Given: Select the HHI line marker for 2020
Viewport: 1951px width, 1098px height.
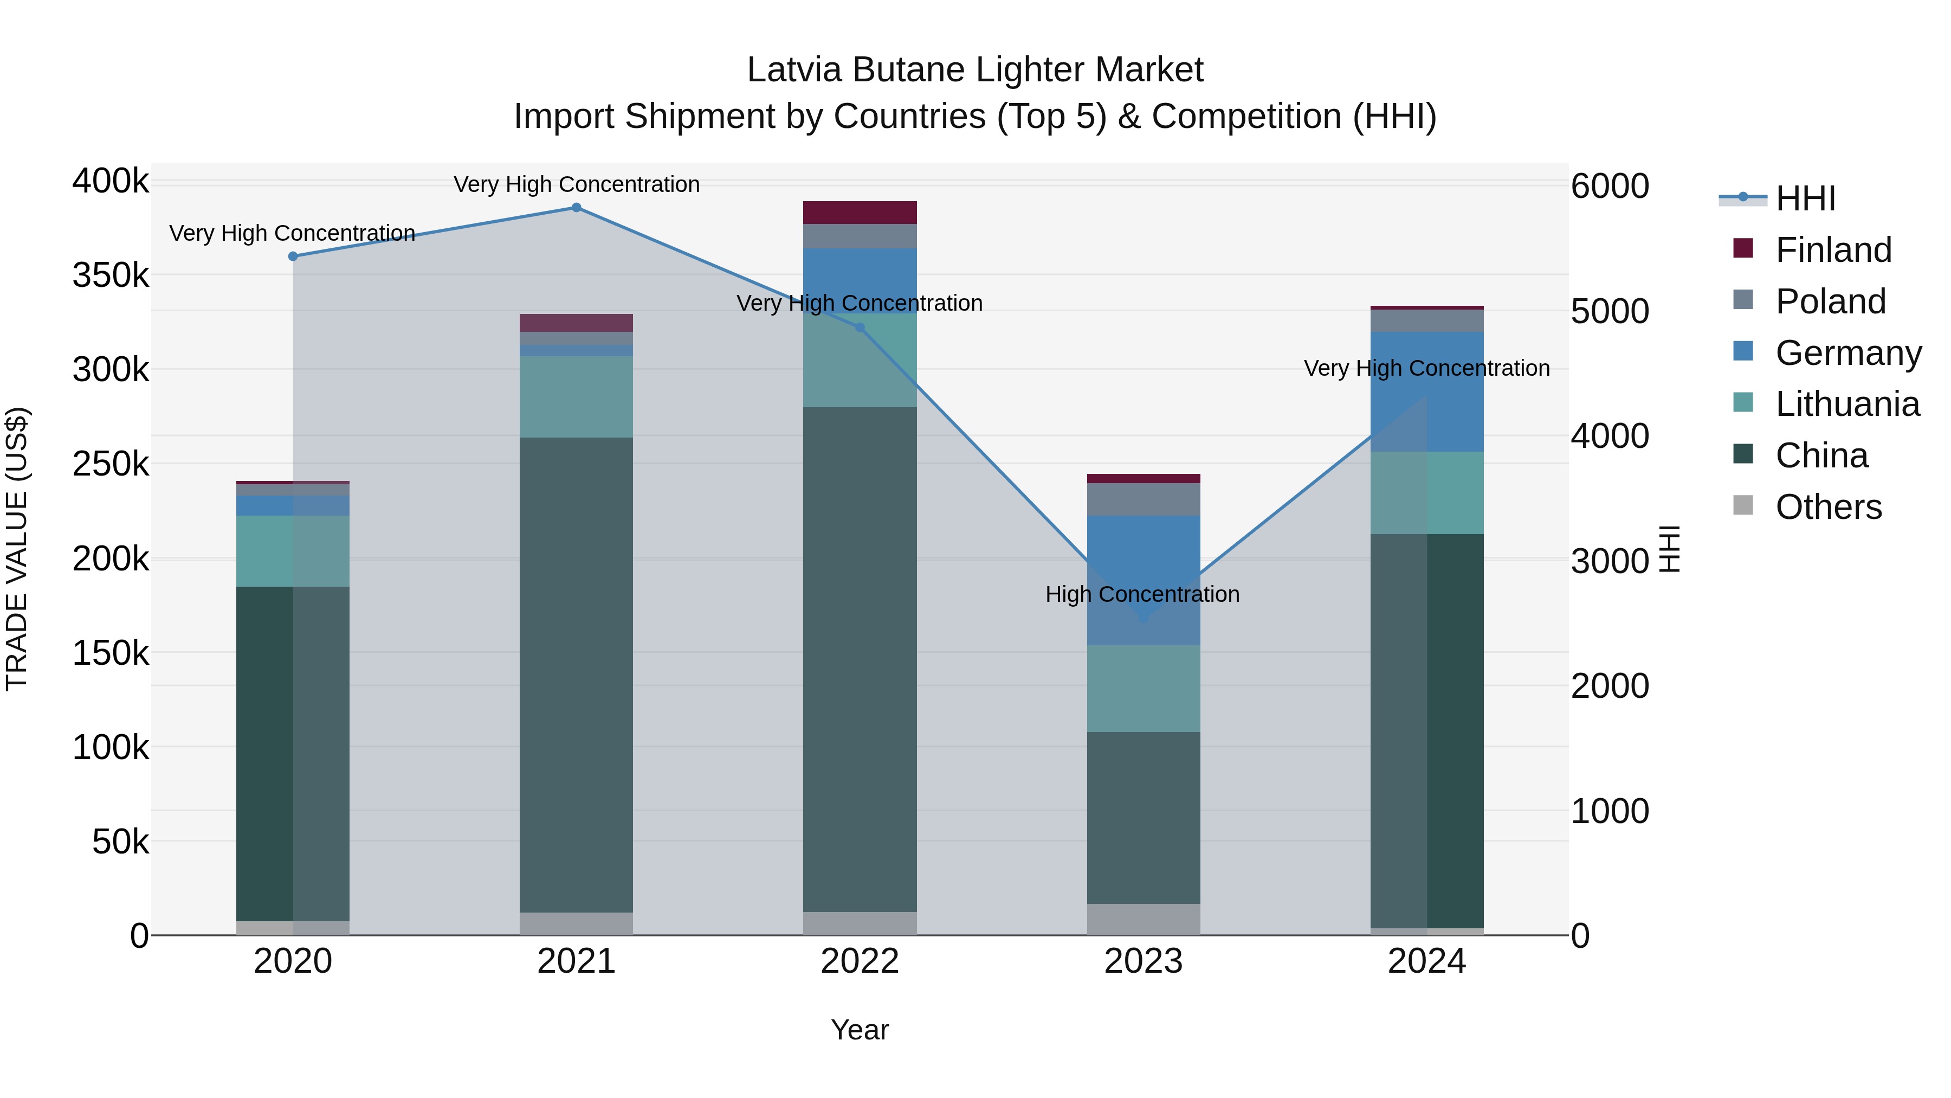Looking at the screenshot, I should click(293, 256).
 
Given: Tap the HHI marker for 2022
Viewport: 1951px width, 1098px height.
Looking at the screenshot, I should click(860, 328).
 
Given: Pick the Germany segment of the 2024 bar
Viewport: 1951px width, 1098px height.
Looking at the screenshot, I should click(1427, 392).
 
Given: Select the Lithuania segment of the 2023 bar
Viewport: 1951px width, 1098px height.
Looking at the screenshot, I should click(1144, 688).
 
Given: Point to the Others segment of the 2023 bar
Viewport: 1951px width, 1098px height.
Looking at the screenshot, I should click(1144, 919).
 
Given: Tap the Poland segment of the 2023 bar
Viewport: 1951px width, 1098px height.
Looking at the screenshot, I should click(1144, 499).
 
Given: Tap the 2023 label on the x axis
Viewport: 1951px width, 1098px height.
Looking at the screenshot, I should click(1144, 961).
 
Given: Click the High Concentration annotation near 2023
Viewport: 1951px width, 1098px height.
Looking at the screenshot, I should click(1142, 594).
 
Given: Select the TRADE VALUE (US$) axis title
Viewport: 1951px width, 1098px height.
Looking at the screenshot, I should click(17, 549).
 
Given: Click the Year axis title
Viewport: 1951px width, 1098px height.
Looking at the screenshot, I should click(860, 1030).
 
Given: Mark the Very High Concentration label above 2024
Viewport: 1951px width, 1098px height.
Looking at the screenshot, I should click(1427, 368).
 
